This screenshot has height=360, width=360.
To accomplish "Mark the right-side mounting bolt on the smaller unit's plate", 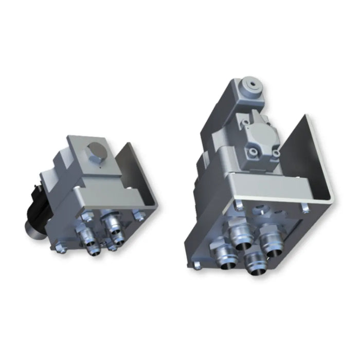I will coord(137,214).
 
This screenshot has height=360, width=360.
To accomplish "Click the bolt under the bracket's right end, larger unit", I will coord(305,208).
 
